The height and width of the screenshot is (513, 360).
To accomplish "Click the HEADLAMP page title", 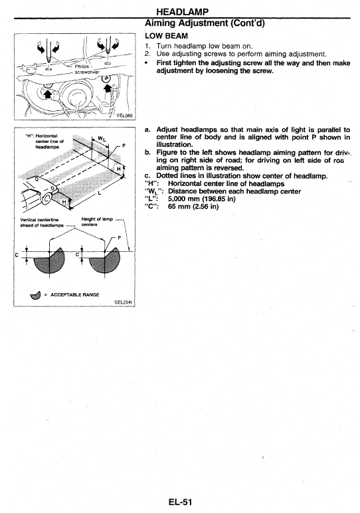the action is coord(182,12).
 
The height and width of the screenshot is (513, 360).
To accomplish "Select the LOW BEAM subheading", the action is coord(166,36).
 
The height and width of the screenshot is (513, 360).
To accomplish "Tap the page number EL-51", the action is coord(180,502).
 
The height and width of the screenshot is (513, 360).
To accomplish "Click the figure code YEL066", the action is coord(125,116).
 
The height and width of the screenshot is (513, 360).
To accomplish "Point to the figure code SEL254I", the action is coord(123,302).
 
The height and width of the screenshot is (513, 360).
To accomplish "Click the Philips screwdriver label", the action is coord(86,69).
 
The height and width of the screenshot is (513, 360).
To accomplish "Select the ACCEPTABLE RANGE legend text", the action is coord(74,294).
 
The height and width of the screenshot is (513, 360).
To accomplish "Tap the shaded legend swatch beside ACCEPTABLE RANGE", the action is coord(35,295).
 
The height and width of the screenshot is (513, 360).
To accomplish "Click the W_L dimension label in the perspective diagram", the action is coord(102,139).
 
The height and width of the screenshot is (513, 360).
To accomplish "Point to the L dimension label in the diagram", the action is coord(100,193).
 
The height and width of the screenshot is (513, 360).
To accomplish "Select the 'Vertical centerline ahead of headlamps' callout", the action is coord(42,223).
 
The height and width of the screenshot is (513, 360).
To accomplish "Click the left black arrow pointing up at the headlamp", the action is coord(47,93).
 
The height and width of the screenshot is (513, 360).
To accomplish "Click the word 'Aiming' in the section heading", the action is coord(158,23).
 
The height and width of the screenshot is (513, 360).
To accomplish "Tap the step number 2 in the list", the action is coord(147,54).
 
